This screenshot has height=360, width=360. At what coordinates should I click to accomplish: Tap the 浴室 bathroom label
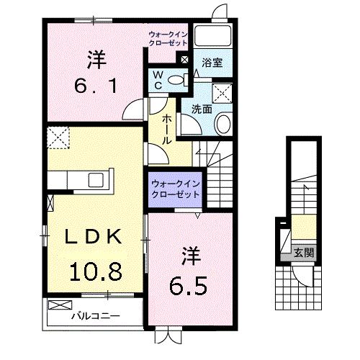click(211, 63)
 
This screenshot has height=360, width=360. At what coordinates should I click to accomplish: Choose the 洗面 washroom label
click(202, 109)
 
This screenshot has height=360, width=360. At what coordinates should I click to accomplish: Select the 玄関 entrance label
click(302, 253)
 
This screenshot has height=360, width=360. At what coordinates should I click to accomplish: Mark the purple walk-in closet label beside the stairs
click(175, 190)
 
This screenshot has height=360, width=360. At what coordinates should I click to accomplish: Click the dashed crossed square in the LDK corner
click(57, 136)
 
